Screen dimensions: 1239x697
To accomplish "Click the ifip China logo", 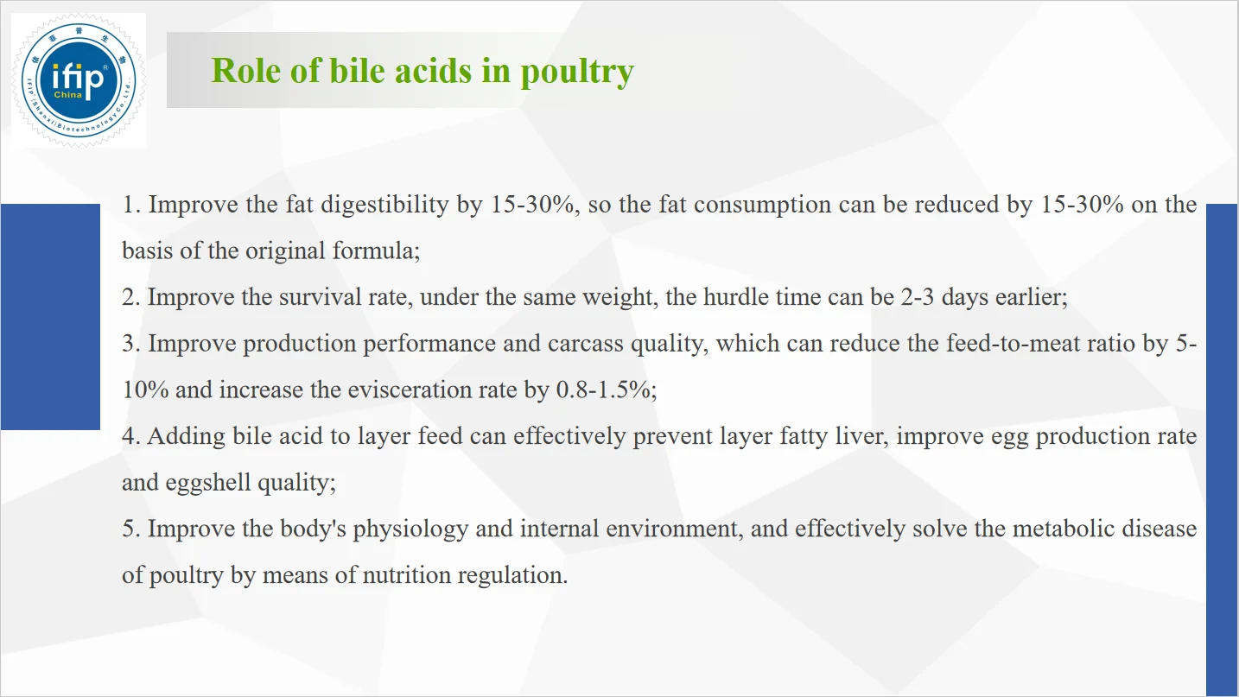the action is (79, 80).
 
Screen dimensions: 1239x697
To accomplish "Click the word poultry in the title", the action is (577, 72).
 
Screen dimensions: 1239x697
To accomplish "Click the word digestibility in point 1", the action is (385, 205).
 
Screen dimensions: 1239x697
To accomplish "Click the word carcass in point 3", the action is (586, 344).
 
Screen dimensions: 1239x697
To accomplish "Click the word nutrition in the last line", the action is (407, 575).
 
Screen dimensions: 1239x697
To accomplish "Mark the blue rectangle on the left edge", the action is (50, 317).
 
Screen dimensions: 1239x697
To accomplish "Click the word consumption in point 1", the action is (762, 205).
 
